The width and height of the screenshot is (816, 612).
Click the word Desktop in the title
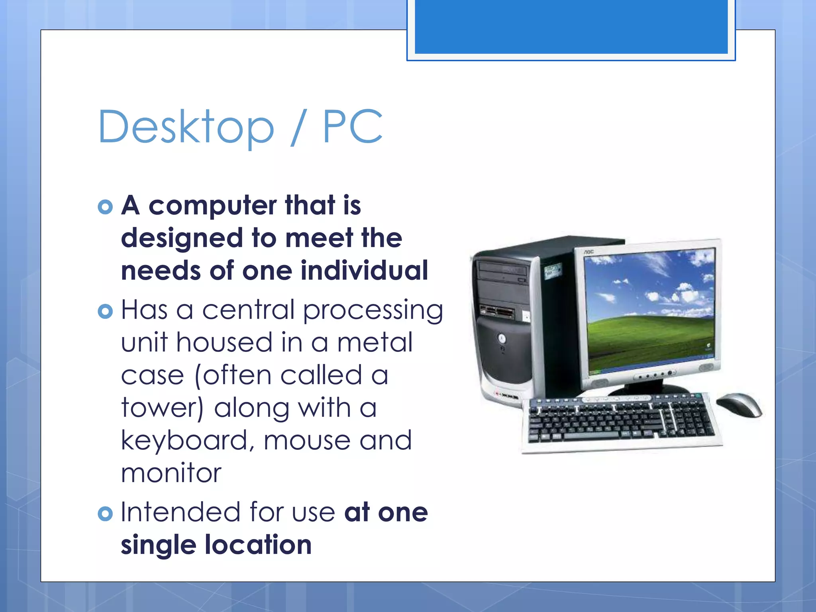pyautogui.click(x=186, y=127)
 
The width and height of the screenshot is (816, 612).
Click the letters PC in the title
pyautogui.click(x=353, y=127)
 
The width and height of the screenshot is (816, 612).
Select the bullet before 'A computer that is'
pyautogui.click(x=105, y=206)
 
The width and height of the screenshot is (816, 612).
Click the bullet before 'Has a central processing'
pyautogui.click(x=105, y=311)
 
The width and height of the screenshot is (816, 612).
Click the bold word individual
pyautogui.click(x=364, y=271)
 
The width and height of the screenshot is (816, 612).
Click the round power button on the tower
pyautogui.click(x=502, y=338)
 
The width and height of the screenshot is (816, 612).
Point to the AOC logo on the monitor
pyautogui.click(x=589, y=252)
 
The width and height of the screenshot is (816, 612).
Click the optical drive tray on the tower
pyautogui.click(x=503, y=271)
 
